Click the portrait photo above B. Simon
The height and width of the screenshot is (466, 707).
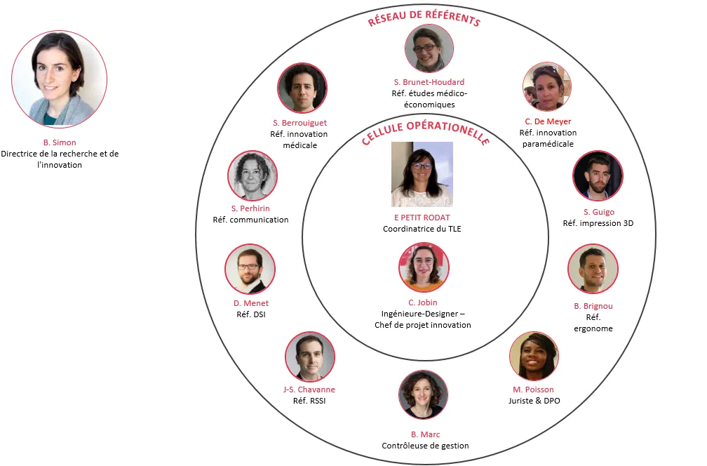point(59,79)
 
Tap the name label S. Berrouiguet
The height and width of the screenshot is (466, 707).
point(299,123)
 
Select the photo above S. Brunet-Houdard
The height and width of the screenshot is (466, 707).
point(429,48)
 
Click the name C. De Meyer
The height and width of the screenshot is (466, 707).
point(548,121)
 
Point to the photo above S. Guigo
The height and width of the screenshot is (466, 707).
point(598,175)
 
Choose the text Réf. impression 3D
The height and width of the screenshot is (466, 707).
point(598,223)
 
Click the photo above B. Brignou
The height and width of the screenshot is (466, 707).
point(593,269)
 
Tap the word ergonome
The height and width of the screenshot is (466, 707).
point(593,328)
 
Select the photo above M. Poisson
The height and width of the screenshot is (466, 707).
point(533,356)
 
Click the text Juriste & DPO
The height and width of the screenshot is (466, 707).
point(534,401)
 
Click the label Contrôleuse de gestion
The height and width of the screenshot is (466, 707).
point(425,446)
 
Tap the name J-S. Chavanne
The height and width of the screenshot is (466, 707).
point(309,390)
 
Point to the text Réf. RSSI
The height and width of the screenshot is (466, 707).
point(309,401)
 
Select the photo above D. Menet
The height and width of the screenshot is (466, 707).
point(250,269)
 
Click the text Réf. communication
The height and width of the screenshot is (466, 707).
point(250,220)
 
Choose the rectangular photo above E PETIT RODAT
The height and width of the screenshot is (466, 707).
point(422,174)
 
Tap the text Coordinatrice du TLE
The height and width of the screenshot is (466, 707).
point(422,229)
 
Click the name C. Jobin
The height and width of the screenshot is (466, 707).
point(422,302)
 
